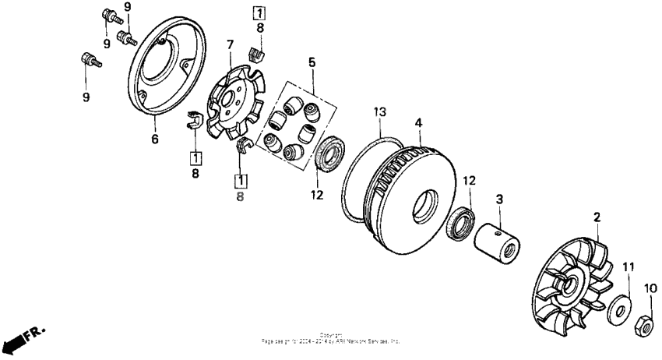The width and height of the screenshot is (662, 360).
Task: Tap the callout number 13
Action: pos(379,113)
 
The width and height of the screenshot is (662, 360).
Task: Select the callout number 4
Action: pos(418,122)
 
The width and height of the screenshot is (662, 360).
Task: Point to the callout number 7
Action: pos(230,45)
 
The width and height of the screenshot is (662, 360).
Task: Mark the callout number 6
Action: pos(153,139)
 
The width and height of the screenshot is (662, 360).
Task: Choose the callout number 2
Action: pos(597,217)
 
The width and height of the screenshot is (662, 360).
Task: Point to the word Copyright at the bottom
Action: pos(331,335)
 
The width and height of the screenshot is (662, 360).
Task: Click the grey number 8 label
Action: pos(240,197)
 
